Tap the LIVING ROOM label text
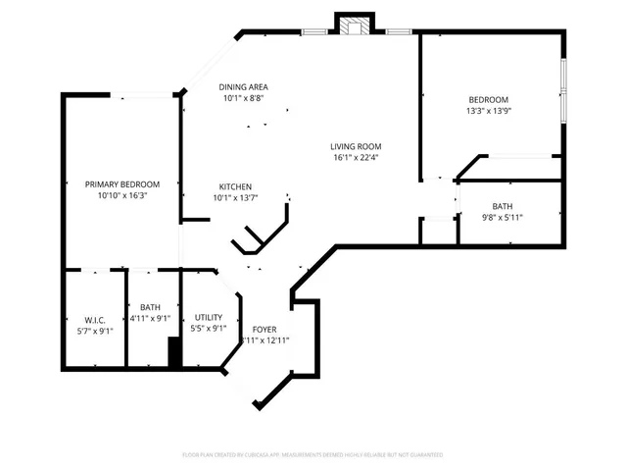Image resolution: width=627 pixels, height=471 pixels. [x=354, y=147]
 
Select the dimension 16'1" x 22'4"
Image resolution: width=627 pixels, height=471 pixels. [x=354, y=158]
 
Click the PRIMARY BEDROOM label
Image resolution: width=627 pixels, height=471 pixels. [x=121, y=184]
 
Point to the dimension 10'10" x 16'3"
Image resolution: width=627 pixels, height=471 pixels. [x=121, y=195]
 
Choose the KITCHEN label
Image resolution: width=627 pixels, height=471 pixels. [x=235, y=186]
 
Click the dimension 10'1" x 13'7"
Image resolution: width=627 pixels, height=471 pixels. [x=235, y=197]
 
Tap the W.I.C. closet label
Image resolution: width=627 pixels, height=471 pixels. [x=94, y=319]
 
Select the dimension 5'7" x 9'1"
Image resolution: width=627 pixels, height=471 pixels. [x=94, y=330]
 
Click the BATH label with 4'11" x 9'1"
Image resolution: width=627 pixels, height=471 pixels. [x=150, y=307]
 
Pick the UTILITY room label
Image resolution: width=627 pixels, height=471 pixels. [x=208, y=317]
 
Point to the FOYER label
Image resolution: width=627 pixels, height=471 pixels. [x=265, y=329]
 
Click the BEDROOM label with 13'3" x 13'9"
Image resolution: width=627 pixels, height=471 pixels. [x=488, y=99]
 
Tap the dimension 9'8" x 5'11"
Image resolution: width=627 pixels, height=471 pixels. [x=502, y=217]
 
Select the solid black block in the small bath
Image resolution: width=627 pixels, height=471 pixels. [x=174, y=351]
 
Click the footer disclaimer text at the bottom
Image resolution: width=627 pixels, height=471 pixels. [x=313, y=455]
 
